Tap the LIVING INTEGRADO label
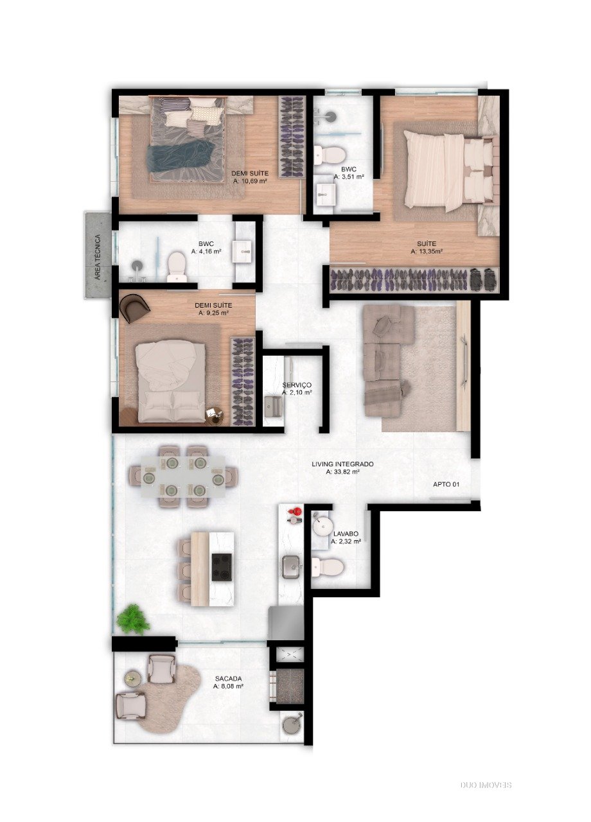pyautogui.click(x=342, y=464)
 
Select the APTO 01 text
pyautogui.click(x=446, y=484)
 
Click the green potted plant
pyautogui.click(x=133, y=620)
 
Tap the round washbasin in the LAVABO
pyautogui.click(x=322, y=526)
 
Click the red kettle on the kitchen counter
pyautogui.click(x=295, y=511)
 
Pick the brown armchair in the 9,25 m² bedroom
pyautogui.click(x=134, y=308)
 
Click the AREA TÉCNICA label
pyautogui.click(x=97, y=257)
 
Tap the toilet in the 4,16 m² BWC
pyautogui.click(x=177, y=267)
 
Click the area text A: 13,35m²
pyautogui.click(x=426, y=251)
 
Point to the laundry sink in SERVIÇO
pyautogui.click(x=273, y=407)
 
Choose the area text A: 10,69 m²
pyautogui.click(x=250, y=181)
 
